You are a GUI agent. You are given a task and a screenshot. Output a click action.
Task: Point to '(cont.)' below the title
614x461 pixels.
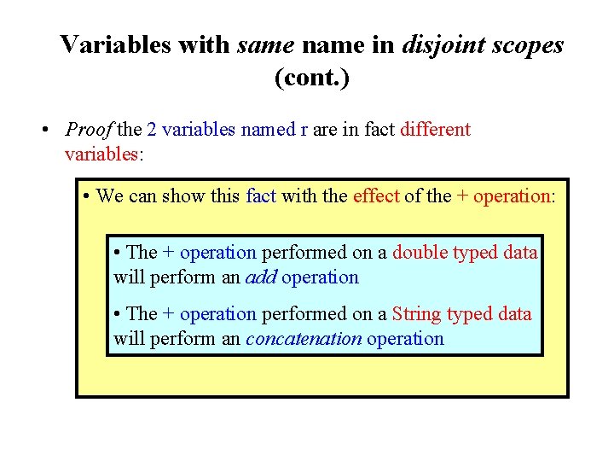click(x=312, y=78)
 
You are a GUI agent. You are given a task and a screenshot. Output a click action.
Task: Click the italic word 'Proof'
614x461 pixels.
click(x=89, y=130)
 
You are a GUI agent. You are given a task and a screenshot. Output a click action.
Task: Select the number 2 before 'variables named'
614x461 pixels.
click(x=152, y=130)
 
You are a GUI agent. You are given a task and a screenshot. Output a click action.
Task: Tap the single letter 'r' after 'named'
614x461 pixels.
click(x=304, y=130)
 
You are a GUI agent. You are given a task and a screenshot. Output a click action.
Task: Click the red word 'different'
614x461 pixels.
click(x=435, y=130)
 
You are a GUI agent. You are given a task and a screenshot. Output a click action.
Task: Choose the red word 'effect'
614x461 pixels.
click(x=376, y=195)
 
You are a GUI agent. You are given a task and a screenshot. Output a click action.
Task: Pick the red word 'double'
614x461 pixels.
click(x=420, y=252)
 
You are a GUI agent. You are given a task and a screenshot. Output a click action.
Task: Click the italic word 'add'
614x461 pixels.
click(x=260, y=277)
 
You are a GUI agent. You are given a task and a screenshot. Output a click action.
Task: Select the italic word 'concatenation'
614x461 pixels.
click(x=304, y=338)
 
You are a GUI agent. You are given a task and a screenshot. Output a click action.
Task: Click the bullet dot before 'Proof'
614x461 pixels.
click(x=43, y=131)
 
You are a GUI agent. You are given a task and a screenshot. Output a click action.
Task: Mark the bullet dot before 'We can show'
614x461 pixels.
click(x=88, y=196)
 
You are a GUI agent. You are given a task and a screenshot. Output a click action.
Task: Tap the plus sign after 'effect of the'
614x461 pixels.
click(x=462, y=195)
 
